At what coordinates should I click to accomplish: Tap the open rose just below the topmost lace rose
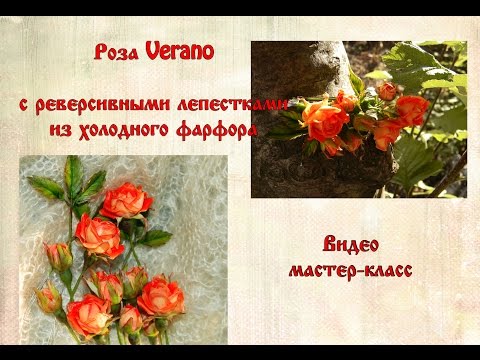click(99, 237)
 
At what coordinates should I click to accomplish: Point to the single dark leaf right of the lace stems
click(156, 238)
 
